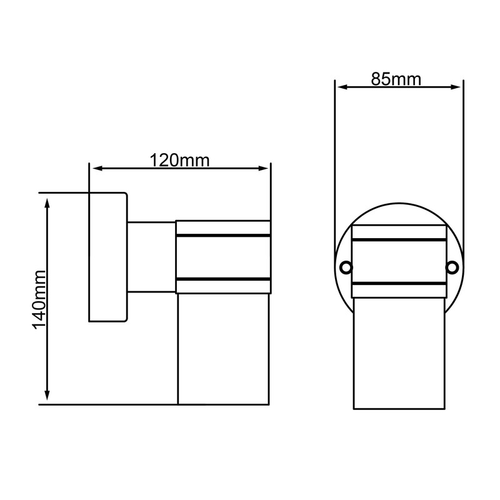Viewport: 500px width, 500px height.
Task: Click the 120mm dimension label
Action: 179,161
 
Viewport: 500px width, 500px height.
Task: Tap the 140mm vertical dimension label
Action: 39,299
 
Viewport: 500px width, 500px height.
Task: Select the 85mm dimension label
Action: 396,79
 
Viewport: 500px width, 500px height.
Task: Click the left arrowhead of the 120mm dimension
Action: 97,168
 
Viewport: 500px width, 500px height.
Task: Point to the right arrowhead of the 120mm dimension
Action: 263,168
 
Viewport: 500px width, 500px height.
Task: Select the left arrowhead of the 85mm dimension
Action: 342,87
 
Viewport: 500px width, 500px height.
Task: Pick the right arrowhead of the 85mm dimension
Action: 456,87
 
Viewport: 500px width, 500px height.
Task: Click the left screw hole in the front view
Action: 346,267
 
